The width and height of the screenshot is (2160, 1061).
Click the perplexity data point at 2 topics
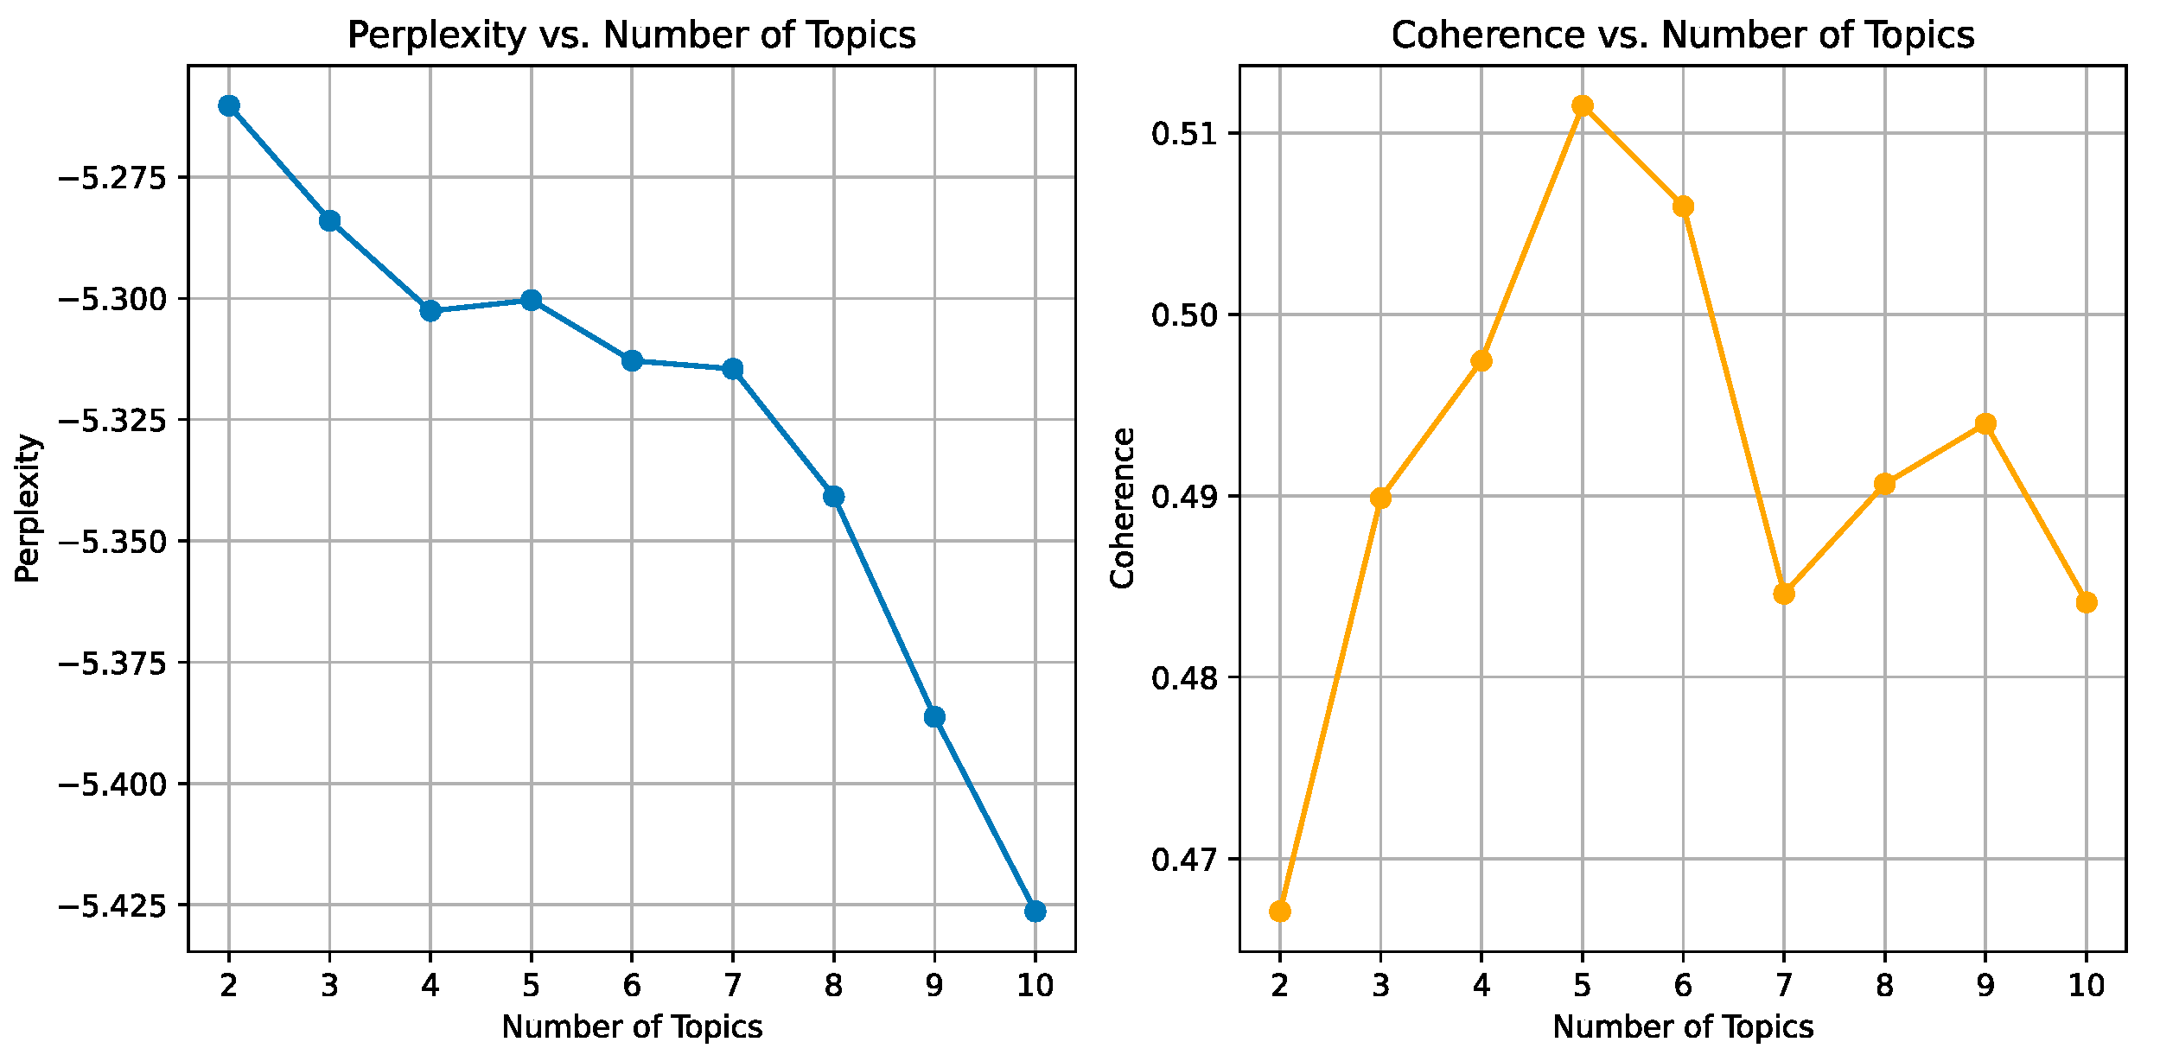[229, 105]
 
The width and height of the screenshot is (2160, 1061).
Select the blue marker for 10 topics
[1035, 912]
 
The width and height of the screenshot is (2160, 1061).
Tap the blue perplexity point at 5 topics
[532, 300]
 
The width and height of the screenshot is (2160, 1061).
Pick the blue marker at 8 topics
[834, 496]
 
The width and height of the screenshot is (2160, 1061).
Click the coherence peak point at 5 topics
[1583, 105]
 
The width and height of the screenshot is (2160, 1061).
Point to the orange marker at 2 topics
[1280, 912]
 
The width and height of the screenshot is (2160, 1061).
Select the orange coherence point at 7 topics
[1784, 594]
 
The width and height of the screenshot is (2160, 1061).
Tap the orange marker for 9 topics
[1985, 423]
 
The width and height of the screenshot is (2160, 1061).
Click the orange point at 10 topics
[2087, 602]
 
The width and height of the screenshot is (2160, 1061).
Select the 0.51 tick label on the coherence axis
[1185, 134]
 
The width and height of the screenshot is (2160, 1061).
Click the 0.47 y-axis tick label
[1185, 860]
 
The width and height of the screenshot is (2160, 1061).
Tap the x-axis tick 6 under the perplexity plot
[632, 986]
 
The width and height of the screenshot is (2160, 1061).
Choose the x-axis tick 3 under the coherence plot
[1380, 986]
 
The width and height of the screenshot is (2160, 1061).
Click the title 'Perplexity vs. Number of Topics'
[631, 35]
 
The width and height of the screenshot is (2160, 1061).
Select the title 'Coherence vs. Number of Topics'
[1682, 35]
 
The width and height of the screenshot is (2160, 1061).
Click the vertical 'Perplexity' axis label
[28, 508]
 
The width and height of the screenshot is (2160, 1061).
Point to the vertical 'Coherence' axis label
[1123, 508]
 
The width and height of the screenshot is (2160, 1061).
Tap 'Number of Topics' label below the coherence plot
[1682, 1027]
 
